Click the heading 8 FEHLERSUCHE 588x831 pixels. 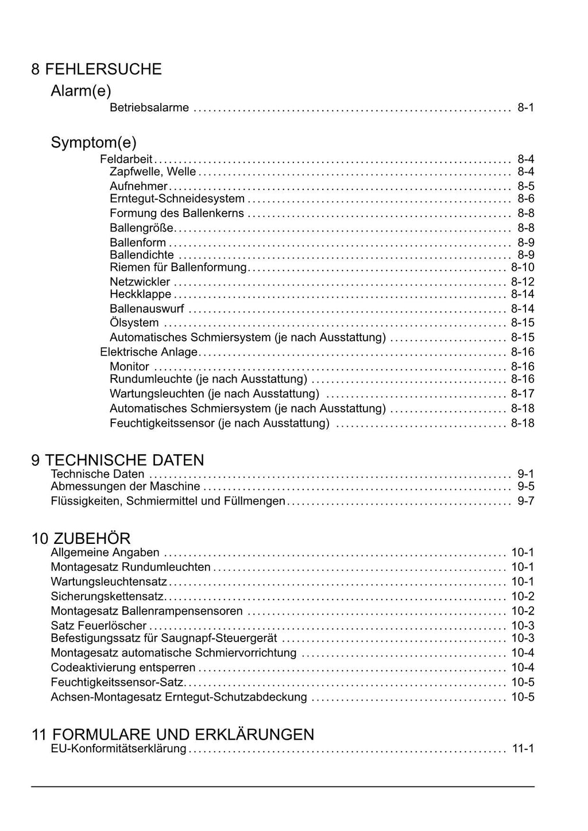point(96,69)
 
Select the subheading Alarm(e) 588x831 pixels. point(81,91)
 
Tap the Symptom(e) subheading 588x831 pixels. point(94,142)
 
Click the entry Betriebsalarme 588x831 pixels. point(149,107)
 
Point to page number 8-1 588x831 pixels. point(525,107)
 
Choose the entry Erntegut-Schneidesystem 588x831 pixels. point(177,199)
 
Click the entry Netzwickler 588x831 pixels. point(140,282)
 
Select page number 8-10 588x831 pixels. point(523,268)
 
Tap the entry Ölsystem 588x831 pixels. point(134,323)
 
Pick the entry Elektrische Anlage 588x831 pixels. point(148,352)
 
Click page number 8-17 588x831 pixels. point(523,394)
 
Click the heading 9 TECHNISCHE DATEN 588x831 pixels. point(118,460)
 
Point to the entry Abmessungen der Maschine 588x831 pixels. point(125,487)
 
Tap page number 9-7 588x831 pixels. point(525,501)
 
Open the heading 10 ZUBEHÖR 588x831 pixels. point(81,539)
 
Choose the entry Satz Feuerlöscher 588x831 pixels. point(98,626)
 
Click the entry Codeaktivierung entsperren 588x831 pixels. point(123,668)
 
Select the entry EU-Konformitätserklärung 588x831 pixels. point(118,749)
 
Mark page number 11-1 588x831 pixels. point(523,749)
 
